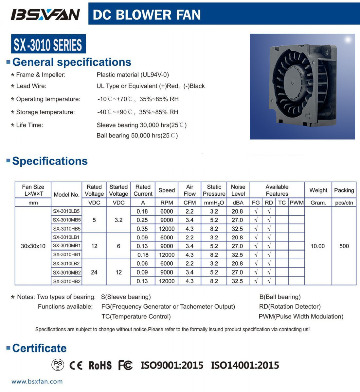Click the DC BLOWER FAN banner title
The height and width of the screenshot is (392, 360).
coord(147,15)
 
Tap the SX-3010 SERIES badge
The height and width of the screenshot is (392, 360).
coord(48,44)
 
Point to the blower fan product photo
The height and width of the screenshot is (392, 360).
coord(302,87)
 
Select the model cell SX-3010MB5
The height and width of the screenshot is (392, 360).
coord(67,220)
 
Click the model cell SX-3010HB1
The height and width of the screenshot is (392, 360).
coord(67,254)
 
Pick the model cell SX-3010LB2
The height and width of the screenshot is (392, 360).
coord(67,263)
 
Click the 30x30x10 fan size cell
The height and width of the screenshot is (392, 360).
coord(33,246)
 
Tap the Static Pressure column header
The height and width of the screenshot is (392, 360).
coord(214,190)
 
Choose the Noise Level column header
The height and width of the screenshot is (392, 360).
coord(238,190)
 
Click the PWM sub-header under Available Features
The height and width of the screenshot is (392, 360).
coord(297,203)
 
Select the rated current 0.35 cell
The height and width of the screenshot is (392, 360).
coord(143,229)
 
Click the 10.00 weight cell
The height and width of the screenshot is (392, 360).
coord(318,246)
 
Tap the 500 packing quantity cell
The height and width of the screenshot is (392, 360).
coord(344,246)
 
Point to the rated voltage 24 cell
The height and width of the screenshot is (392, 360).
coord(94,272)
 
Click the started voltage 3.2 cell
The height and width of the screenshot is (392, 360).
coord(118,220)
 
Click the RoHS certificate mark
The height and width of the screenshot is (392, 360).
coord(100,365)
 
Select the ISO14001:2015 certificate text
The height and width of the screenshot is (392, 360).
coord(245,365)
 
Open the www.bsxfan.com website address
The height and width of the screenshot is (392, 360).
coord(37,381)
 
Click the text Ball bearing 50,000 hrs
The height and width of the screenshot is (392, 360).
coord(137,136)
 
